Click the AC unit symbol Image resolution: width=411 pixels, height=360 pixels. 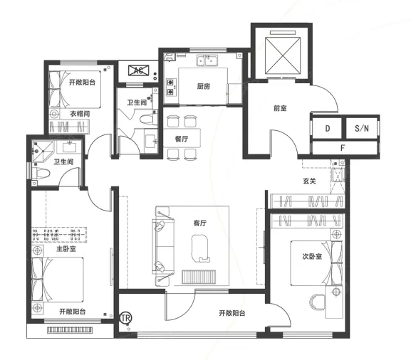[x=138, y=70]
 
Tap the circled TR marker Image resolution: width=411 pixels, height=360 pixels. [x=125, y=318]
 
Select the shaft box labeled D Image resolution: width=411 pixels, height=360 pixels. [x=327, y=128]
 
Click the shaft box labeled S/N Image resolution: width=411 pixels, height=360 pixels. [x=361, y=128]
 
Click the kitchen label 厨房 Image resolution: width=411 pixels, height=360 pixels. [x=204, y=86]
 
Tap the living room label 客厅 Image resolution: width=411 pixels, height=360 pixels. [x=199, y=223]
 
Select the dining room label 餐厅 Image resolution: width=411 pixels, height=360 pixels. [x=182, y=139]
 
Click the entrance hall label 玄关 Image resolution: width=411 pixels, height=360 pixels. [x=309, y=181]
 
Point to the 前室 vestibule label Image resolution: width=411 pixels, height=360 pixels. [x=280, y=108]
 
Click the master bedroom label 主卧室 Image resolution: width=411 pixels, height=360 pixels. [x=66, y=248]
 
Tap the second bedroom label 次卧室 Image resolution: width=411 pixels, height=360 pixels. [x=312, y=256]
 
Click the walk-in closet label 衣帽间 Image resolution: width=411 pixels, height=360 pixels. [x=80, y=114]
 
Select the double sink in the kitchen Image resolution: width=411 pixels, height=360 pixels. [x=207, y=60]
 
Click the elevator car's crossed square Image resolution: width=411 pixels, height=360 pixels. [x=282, y=55]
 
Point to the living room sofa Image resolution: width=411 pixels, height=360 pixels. [x=163, y=246]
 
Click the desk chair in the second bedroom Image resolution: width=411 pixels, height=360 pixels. [x=317, y=302]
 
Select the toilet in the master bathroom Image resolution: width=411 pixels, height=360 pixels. [x=41, y=174]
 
